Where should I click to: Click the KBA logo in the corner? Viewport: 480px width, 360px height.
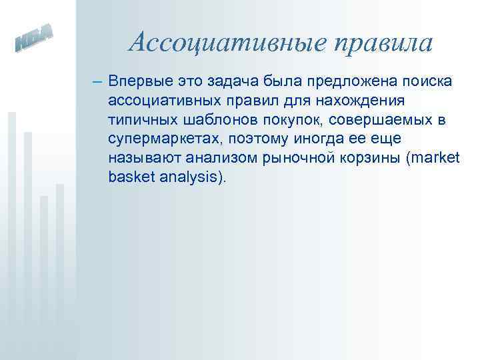[x=34, y=41]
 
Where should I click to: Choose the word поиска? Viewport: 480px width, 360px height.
[x=429, y=82]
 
